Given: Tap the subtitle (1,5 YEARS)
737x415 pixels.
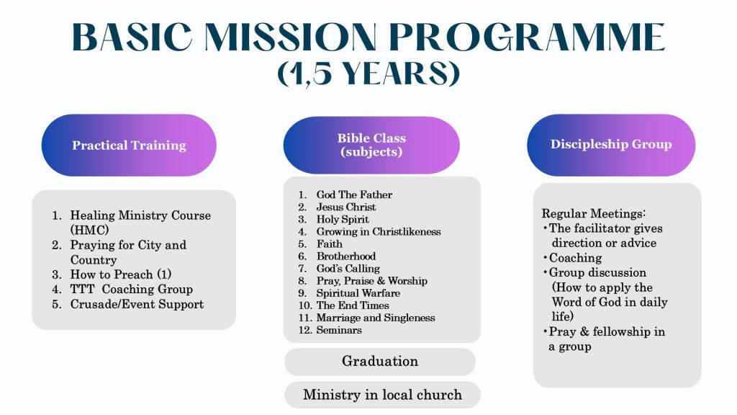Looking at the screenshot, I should click(368, 74).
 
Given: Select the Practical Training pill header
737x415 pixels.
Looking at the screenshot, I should click(129, 146).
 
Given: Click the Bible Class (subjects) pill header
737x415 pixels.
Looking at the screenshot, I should click(371, 145).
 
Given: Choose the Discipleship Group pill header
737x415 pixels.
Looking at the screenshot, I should click(611, 144).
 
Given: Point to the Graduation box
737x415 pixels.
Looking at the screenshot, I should click(380, 361).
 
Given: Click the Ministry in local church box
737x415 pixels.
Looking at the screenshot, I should click(382, 395).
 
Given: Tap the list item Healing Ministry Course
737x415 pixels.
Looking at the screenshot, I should click(140, 215).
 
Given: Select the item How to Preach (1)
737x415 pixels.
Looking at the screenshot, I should click(121, 275).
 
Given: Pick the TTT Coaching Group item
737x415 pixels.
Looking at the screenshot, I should click(132, 289).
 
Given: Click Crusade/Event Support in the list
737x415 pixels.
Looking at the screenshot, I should click(137, 304).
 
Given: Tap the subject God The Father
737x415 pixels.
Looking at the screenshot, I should click(354, 195).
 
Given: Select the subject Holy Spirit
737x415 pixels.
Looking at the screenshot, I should click(343, 219).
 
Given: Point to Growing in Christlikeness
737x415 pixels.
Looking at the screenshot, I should click(379, 231).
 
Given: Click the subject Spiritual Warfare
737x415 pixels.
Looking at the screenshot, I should click(358, 293).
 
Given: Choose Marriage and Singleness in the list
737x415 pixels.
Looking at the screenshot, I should click(376, 318).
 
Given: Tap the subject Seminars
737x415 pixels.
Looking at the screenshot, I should click(339, 330).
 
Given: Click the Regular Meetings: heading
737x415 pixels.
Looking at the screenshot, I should click(594, 214).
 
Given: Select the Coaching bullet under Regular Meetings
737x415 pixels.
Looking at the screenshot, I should click(575, 258).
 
